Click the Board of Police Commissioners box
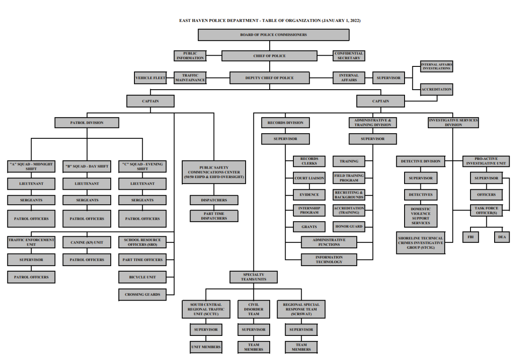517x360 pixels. (x=274, y=34)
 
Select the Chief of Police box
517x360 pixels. (x=269, y=56)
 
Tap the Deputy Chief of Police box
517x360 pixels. (x=269, y=78)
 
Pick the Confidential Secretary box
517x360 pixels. (x=349, y=56)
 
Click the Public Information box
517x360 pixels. (x=190, y=56)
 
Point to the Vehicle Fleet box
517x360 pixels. (x=150, y=78)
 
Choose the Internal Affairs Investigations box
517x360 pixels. (x=436, y=66)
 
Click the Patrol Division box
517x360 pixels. (x=87, y=122)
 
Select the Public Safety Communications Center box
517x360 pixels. (x=214, y=172)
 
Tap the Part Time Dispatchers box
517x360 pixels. (x=214, y=216)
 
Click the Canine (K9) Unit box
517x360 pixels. (x=87, y=242)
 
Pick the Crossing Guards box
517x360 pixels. (x=142, y=294)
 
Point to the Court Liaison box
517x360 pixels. (x=309, y=178)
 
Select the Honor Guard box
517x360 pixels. (x=349, y=226)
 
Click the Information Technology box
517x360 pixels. (x=329, y=260)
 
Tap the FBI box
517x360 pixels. (x=470, y=237)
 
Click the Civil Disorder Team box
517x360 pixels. (x=253, y=309)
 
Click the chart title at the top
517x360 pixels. (x=270, y=21)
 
